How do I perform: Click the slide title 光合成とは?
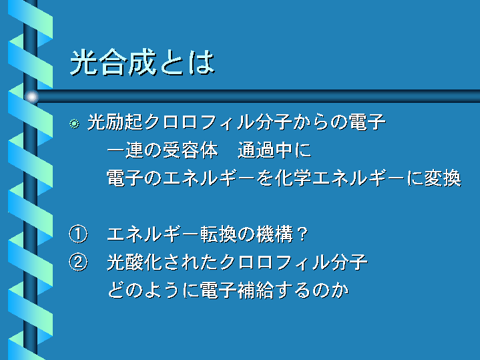142,62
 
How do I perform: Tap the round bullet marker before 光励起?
74,124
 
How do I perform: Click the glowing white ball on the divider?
31,97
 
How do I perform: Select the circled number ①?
78,234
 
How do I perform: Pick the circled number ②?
78,262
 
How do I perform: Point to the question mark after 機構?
302,234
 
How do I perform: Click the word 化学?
293,178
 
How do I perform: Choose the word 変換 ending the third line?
443,178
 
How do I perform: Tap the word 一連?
125,150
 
